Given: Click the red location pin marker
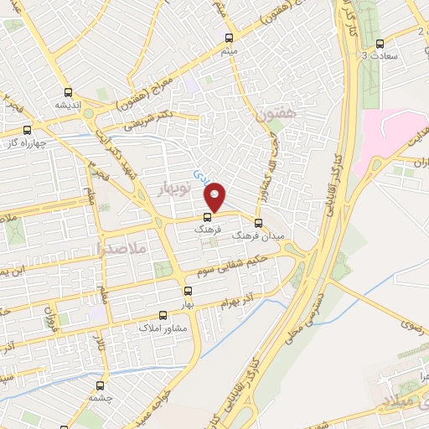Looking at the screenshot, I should [x=216, y=196].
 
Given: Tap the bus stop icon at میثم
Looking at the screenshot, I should [x=230, y=37].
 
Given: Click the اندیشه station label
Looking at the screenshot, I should [x=67, y=106].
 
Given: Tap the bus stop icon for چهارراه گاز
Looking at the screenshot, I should [x=28, y=130].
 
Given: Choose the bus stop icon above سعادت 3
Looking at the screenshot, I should [x=380, y=43].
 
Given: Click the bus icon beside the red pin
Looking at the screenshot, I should [x=208, y=217].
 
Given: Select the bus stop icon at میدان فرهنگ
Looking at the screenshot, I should [x=258, y=223].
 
